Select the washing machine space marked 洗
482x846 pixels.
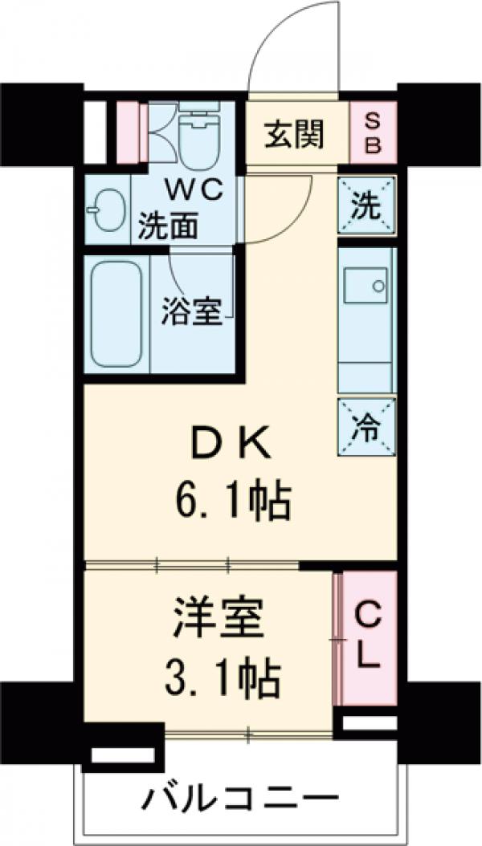point(366,205)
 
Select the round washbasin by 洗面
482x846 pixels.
point(105,211)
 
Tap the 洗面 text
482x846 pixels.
point(168,226)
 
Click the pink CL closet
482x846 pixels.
point(366,637)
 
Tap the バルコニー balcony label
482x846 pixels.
point(238,799)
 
